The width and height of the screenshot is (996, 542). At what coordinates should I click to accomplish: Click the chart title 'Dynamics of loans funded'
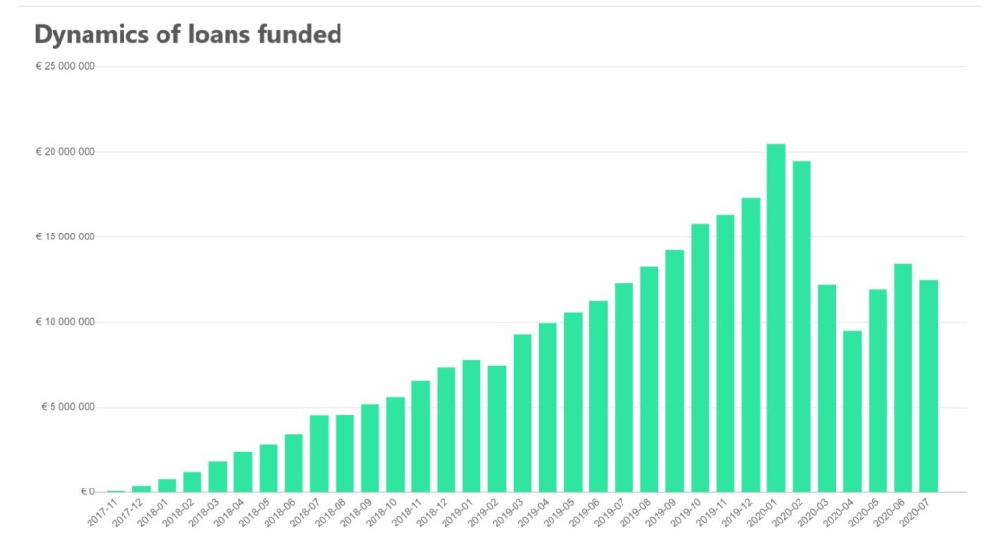(188, 34)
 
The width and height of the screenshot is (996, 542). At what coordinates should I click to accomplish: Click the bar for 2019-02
(497, 428)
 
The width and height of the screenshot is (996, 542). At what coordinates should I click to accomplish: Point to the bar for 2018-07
(319, 453)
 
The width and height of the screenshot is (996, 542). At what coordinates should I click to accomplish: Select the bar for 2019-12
(751, 344)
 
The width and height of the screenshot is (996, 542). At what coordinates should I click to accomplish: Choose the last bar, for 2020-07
(928, 385)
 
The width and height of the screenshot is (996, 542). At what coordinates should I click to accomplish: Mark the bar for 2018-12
(446, 429)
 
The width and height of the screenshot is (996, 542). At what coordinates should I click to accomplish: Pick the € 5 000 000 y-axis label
(67, 407)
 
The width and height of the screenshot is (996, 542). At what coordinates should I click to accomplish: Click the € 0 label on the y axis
(87, 491)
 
